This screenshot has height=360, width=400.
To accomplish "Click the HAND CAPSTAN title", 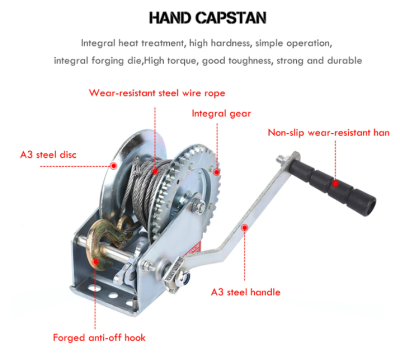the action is point(208,18).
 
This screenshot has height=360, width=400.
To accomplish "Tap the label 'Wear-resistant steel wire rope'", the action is point(157,93).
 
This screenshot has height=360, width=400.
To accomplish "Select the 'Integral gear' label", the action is point(221,114).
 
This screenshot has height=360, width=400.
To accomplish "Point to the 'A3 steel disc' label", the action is point(48,155).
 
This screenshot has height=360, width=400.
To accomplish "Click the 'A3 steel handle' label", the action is point(246,292).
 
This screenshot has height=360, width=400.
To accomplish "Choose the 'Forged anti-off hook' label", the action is point(99,338).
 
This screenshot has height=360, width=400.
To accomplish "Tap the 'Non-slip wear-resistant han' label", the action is point(329,133).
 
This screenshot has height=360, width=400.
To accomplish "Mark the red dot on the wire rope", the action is point(155,171).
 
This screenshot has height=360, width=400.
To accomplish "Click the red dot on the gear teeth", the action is point(216,172).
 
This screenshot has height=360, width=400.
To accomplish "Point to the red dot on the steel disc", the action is point(114,165).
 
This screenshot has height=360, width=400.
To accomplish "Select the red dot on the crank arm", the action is point(245,228).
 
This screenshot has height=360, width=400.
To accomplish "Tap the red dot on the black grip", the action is point(335,183).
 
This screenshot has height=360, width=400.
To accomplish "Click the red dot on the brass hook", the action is point(96,261).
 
